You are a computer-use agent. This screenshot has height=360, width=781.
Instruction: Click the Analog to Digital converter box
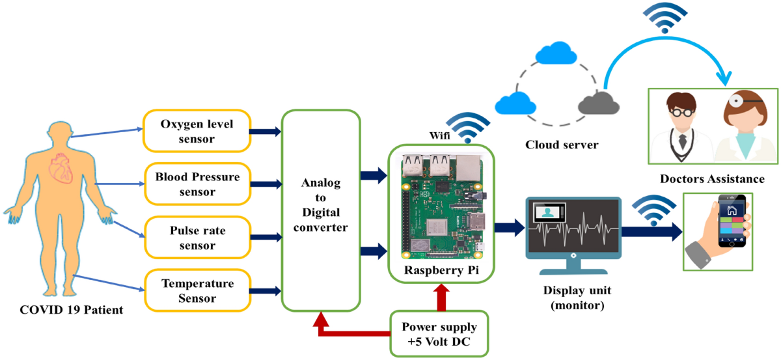(x=320, y=210)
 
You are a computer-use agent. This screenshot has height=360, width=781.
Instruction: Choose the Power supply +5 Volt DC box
(x=439, y=333)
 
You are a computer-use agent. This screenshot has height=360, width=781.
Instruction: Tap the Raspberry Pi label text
(x=440, y=270)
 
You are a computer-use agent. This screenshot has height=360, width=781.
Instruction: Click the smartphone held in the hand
(x=732, y=221)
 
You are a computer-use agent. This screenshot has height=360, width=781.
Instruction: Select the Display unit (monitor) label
(x=573, y=298)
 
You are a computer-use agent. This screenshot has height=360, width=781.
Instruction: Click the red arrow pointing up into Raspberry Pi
(x=442, y=296)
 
